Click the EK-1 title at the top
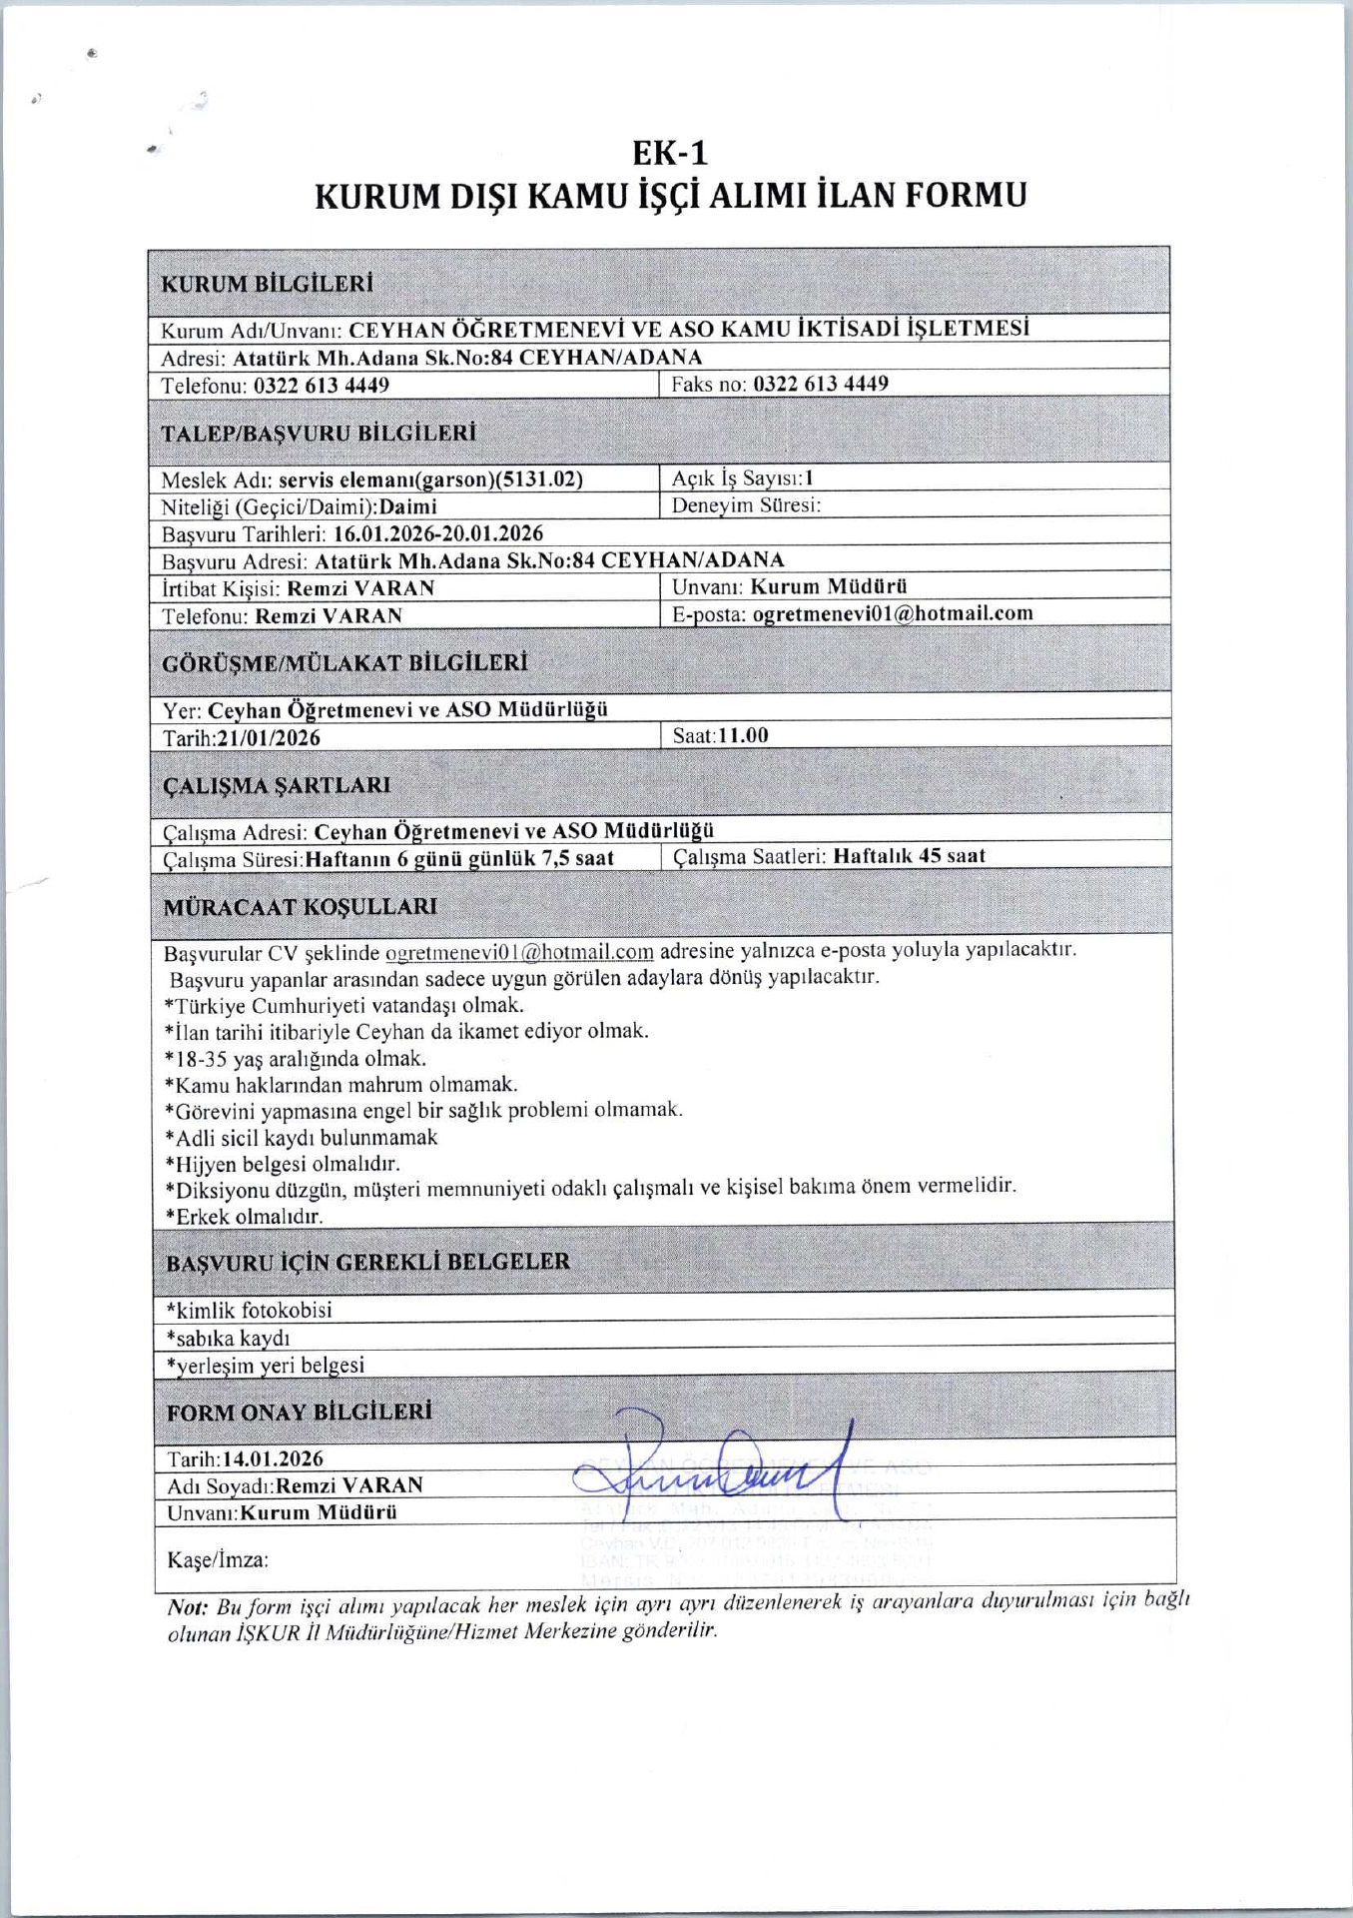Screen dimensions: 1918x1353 point(670,153)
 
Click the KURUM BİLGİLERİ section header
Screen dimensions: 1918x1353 point(267,284)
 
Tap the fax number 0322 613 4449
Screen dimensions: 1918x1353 point(820,384)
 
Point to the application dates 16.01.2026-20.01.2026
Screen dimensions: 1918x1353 point(438,533)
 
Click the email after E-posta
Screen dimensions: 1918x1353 point(892,613)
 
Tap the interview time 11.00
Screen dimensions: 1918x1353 point(743,736)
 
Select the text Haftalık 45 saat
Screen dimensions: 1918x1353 point(909,856)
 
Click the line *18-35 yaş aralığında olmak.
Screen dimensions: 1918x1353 point(296,1058)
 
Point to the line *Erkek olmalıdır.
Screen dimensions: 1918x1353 point(245,1217)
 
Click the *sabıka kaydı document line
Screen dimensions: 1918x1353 point(229,1338)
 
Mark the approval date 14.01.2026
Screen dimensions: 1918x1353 point(273,1458)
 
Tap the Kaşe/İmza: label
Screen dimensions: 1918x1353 point(218,1560)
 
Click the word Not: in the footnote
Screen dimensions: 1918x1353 point(187,1607)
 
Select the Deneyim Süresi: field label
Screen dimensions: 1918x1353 point(746,505)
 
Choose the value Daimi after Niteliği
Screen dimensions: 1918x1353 point(407,506)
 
